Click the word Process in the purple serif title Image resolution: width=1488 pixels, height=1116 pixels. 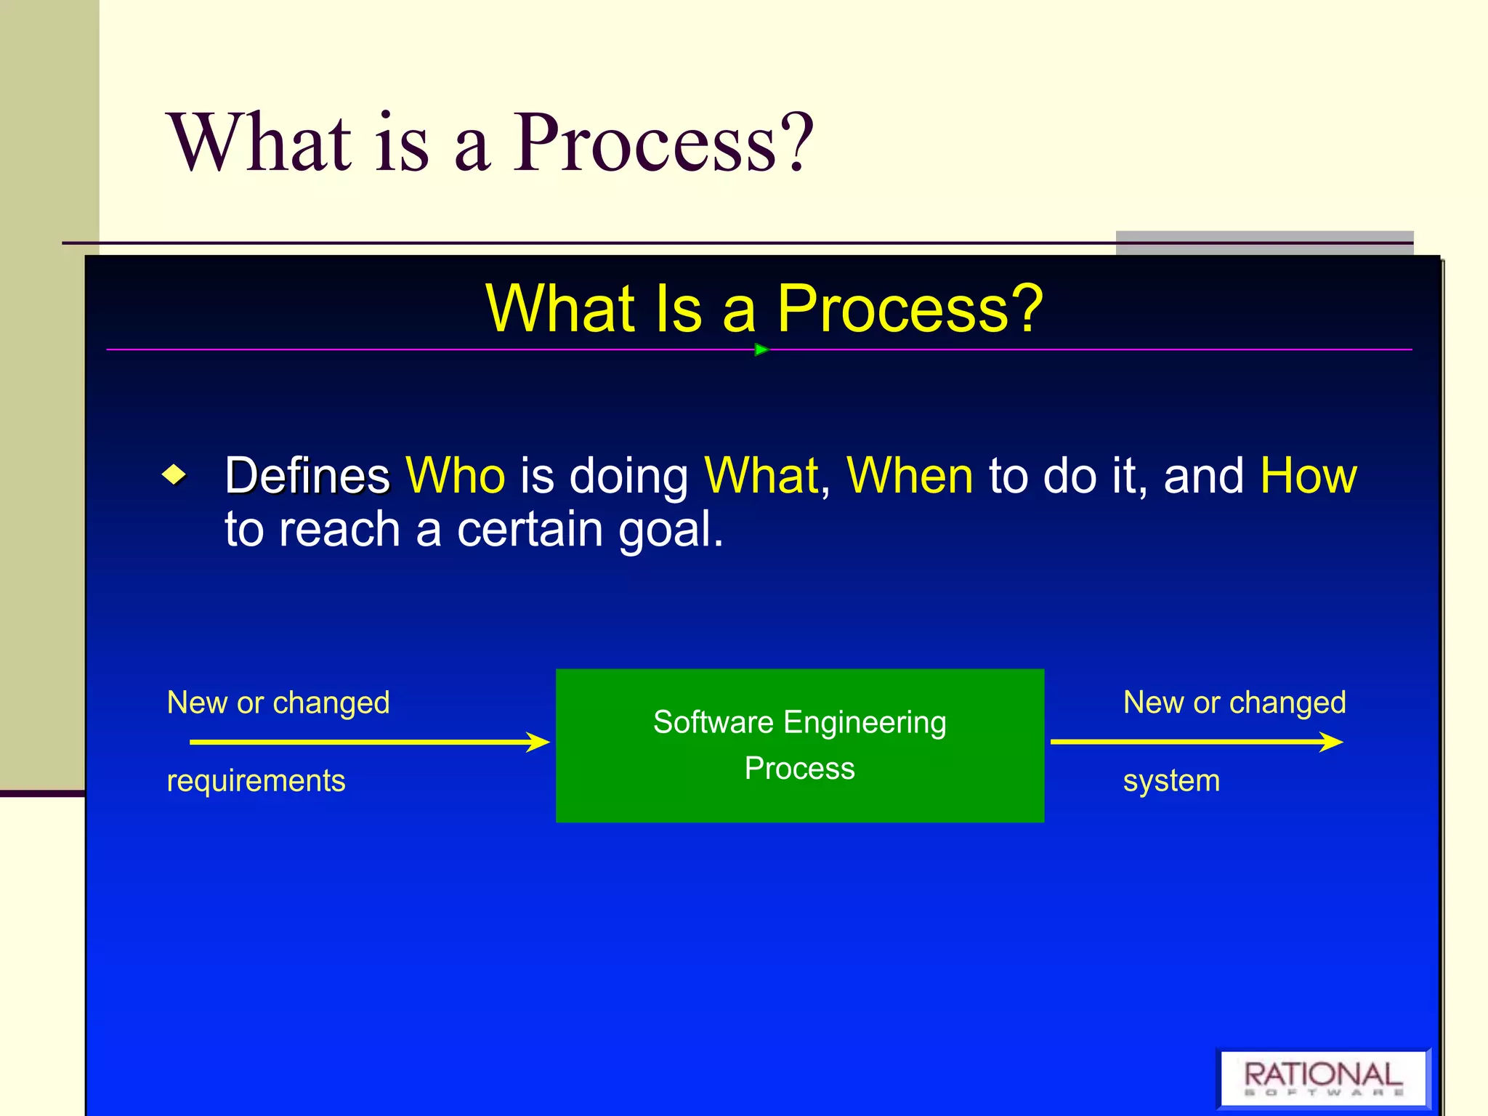[647, 143]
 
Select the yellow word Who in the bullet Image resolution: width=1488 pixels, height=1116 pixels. [455, 476]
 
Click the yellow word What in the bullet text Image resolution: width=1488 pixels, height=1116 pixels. [761, 476]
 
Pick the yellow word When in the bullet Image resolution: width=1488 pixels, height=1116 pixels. [910, 476]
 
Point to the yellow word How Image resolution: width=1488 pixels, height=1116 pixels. [1308, 476]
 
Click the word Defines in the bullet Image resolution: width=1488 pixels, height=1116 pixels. [307, 476]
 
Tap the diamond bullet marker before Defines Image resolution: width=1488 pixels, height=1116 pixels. [174, 476]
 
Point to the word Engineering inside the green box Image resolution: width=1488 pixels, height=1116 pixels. [865, 722]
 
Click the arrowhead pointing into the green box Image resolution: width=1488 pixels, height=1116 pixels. [538, 742]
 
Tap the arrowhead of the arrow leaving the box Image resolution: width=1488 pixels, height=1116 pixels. [1331, 742]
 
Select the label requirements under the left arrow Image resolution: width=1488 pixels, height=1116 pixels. [256, 781]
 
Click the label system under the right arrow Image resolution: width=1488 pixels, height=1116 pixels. [1171, 781]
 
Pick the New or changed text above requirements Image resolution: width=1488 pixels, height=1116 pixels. [278, 703]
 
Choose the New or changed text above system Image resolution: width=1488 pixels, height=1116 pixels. [1234, 703]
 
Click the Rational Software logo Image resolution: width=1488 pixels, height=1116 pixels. [1323, 1078]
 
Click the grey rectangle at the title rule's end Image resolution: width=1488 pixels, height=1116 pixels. [1264, 243]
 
